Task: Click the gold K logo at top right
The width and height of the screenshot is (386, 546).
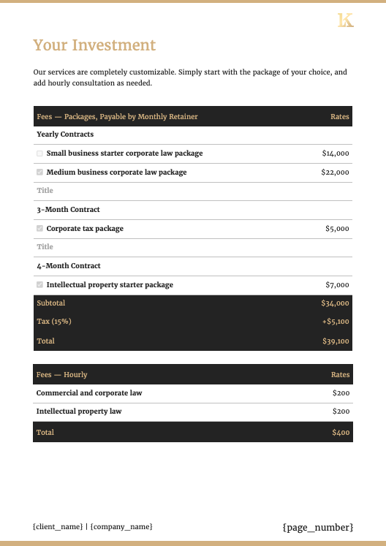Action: pos(345,20)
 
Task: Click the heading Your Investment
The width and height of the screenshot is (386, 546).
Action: pos(94,45)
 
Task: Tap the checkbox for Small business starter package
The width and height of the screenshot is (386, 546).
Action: pos(39,153)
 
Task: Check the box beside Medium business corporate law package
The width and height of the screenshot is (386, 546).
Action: pos(39,172)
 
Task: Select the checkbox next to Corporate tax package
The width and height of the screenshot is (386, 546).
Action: pos(39,229)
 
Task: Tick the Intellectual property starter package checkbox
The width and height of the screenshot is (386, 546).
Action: pos(39,285)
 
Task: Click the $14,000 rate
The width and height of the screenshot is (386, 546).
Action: pos(336,153)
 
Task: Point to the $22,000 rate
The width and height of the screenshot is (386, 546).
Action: pos(335,172)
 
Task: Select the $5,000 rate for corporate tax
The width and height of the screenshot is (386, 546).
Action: pos(337,229)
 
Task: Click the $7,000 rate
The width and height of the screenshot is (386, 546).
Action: pos(337,285)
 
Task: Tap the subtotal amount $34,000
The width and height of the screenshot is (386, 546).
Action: pos(335,303)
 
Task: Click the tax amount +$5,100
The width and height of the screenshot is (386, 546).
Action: pos(334,322)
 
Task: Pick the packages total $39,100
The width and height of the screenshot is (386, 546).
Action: pos(336,341)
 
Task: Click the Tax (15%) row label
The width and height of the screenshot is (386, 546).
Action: pos(54,322)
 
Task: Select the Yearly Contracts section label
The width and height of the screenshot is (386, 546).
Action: pos(65,134)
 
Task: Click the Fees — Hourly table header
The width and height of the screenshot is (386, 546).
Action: pos(62,375)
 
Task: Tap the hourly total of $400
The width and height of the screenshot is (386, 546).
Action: pos(341,433)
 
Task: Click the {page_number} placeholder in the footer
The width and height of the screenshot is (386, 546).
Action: pos(317,527)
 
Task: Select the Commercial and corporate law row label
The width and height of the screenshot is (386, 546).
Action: pos(89,393)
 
